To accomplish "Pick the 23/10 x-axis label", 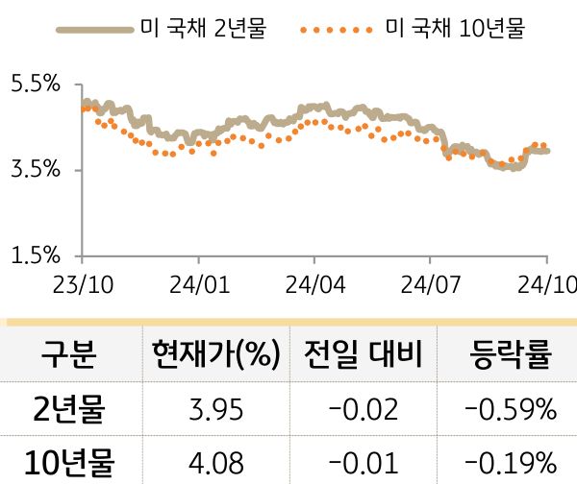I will (x=82, y=285).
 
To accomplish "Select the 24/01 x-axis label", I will (x=198, y=285).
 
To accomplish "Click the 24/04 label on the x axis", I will (x=314, y=285).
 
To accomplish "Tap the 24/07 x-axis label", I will (x=429, y=285).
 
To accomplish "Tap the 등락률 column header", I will (x=510, y=356).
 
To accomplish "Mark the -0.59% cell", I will (x=510, y=410).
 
